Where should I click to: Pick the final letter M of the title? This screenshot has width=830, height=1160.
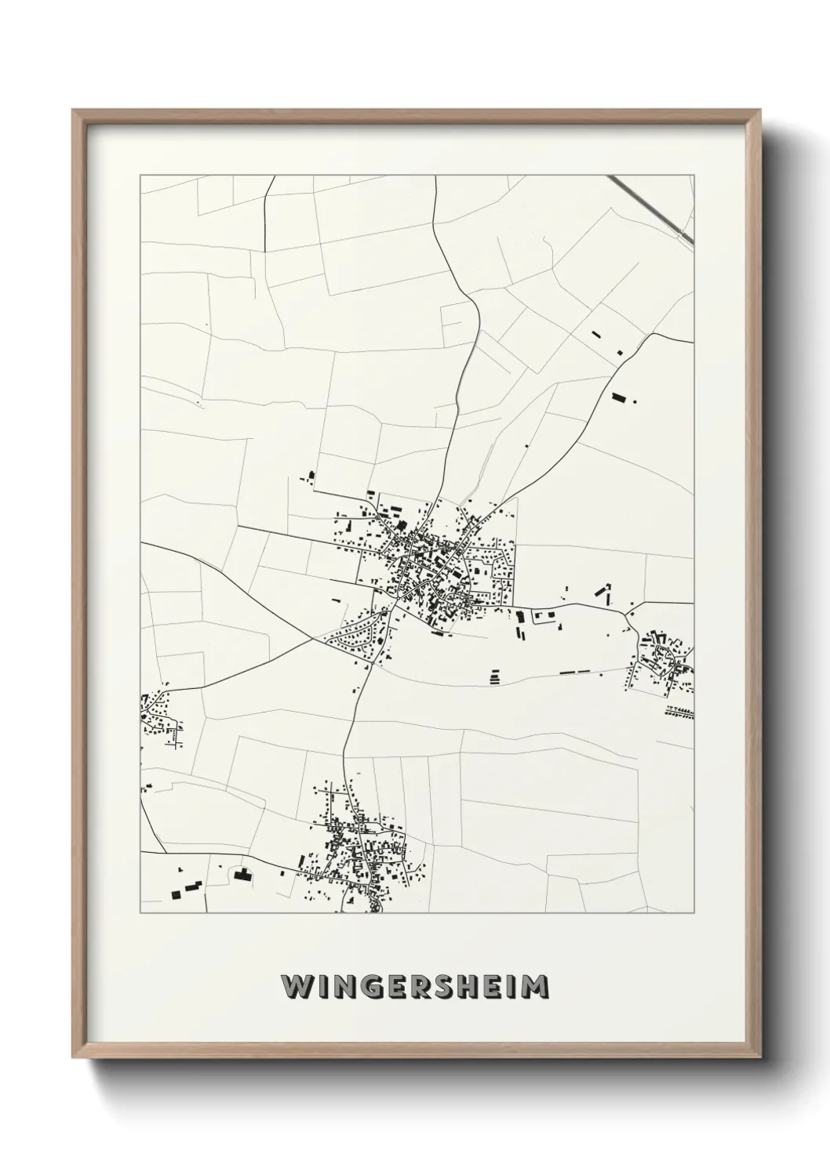pos(535,986)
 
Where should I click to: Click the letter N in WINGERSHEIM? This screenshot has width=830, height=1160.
pos(341,986)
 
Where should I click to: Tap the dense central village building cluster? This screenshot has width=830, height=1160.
pos(428,564)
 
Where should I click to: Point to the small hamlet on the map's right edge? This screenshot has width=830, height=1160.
pos(663,662)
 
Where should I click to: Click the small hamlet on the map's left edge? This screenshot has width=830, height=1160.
pos(157,717)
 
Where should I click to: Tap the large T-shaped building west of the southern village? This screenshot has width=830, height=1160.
pos(242,875)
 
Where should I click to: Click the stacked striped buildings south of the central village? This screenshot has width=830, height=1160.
pos(494,676)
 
